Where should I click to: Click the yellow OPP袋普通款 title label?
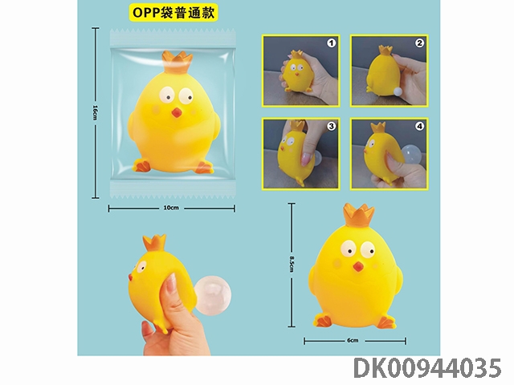173,12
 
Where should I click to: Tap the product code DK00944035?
428,368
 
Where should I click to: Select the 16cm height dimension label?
95,112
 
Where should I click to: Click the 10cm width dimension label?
171,208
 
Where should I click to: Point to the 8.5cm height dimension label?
292,264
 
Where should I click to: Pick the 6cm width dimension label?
353,340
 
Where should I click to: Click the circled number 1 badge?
332,43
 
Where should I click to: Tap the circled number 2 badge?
419,43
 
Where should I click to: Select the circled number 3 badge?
332,126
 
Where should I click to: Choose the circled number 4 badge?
419,126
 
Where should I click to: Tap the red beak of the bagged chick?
177,112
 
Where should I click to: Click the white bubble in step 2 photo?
398,92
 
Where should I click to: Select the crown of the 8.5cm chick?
359,216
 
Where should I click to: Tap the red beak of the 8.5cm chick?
358,267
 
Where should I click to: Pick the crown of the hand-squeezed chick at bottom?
154,243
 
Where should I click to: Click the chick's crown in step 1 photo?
297,54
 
